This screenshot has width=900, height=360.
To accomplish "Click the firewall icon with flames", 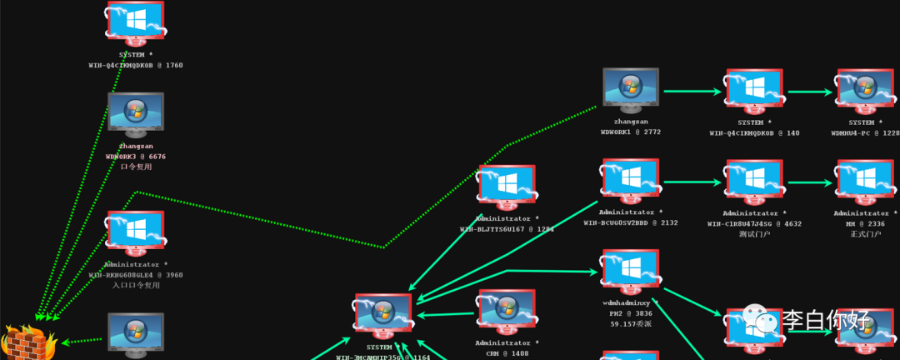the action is pos(27,342).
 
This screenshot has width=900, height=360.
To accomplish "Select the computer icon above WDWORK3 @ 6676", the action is pos(135,113).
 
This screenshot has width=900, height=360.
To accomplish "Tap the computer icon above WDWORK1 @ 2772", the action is pos(631,89).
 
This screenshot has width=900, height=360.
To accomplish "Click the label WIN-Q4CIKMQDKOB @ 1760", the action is pos(135,64).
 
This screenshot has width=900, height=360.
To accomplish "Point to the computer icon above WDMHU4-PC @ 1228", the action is pos(866,90).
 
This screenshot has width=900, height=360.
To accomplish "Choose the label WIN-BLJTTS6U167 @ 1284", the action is pos(506,228).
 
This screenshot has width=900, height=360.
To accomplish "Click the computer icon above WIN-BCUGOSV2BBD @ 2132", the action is pos(631,180).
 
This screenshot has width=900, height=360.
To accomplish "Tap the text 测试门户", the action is pos(754,234).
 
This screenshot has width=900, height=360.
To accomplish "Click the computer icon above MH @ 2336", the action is pos(866,180).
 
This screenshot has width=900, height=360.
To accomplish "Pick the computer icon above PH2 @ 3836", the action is pos(631,271).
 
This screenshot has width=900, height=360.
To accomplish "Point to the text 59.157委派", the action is pos(631,323).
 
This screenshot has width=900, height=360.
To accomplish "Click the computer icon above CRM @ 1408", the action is pos(506,311).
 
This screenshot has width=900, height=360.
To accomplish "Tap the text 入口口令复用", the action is pos(135,285).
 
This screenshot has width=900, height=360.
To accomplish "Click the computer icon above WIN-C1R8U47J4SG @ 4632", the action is pos(754,180).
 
